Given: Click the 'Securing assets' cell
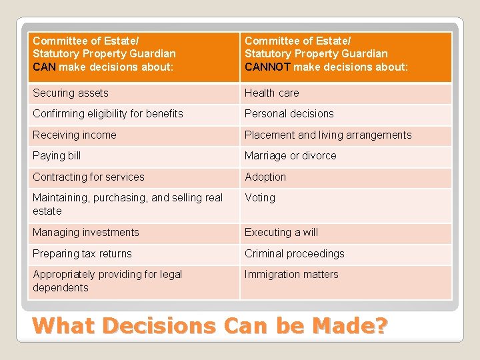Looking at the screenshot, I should [x=71, y=93].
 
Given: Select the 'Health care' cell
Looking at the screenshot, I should [x=272, y=93].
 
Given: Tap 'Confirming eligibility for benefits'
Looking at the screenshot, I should [x=108, y=114].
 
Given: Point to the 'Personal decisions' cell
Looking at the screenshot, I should [x=289, y=114].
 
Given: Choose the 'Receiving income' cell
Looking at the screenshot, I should [x=75, y=135].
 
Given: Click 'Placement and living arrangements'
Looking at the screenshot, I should [x=328, y=135].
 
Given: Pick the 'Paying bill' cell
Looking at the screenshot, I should [x=57, y=156].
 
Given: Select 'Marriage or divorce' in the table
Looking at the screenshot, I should [x=291, y=156].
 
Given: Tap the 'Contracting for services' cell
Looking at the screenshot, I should [x=89, y=177].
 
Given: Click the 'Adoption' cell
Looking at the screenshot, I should [x=265, y=177].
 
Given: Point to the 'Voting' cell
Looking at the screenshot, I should [x=260, y=198].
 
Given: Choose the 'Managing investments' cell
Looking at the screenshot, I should [x=86, y=233].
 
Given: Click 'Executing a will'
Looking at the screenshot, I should [x=281, y=233].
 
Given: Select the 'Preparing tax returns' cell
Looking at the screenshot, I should [x=83, y=254].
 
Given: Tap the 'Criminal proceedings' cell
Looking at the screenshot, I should [x=295, y=254].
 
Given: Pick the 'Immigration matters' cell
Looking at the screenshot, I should [x=291, y=275].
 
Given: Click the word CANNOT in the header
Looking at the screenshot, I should [x=267, y=67].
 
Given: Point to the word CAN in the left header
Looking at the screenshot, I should [x=45, y=67].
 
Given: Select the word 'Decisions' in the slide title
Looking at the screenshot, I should [x=161, y=326].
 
